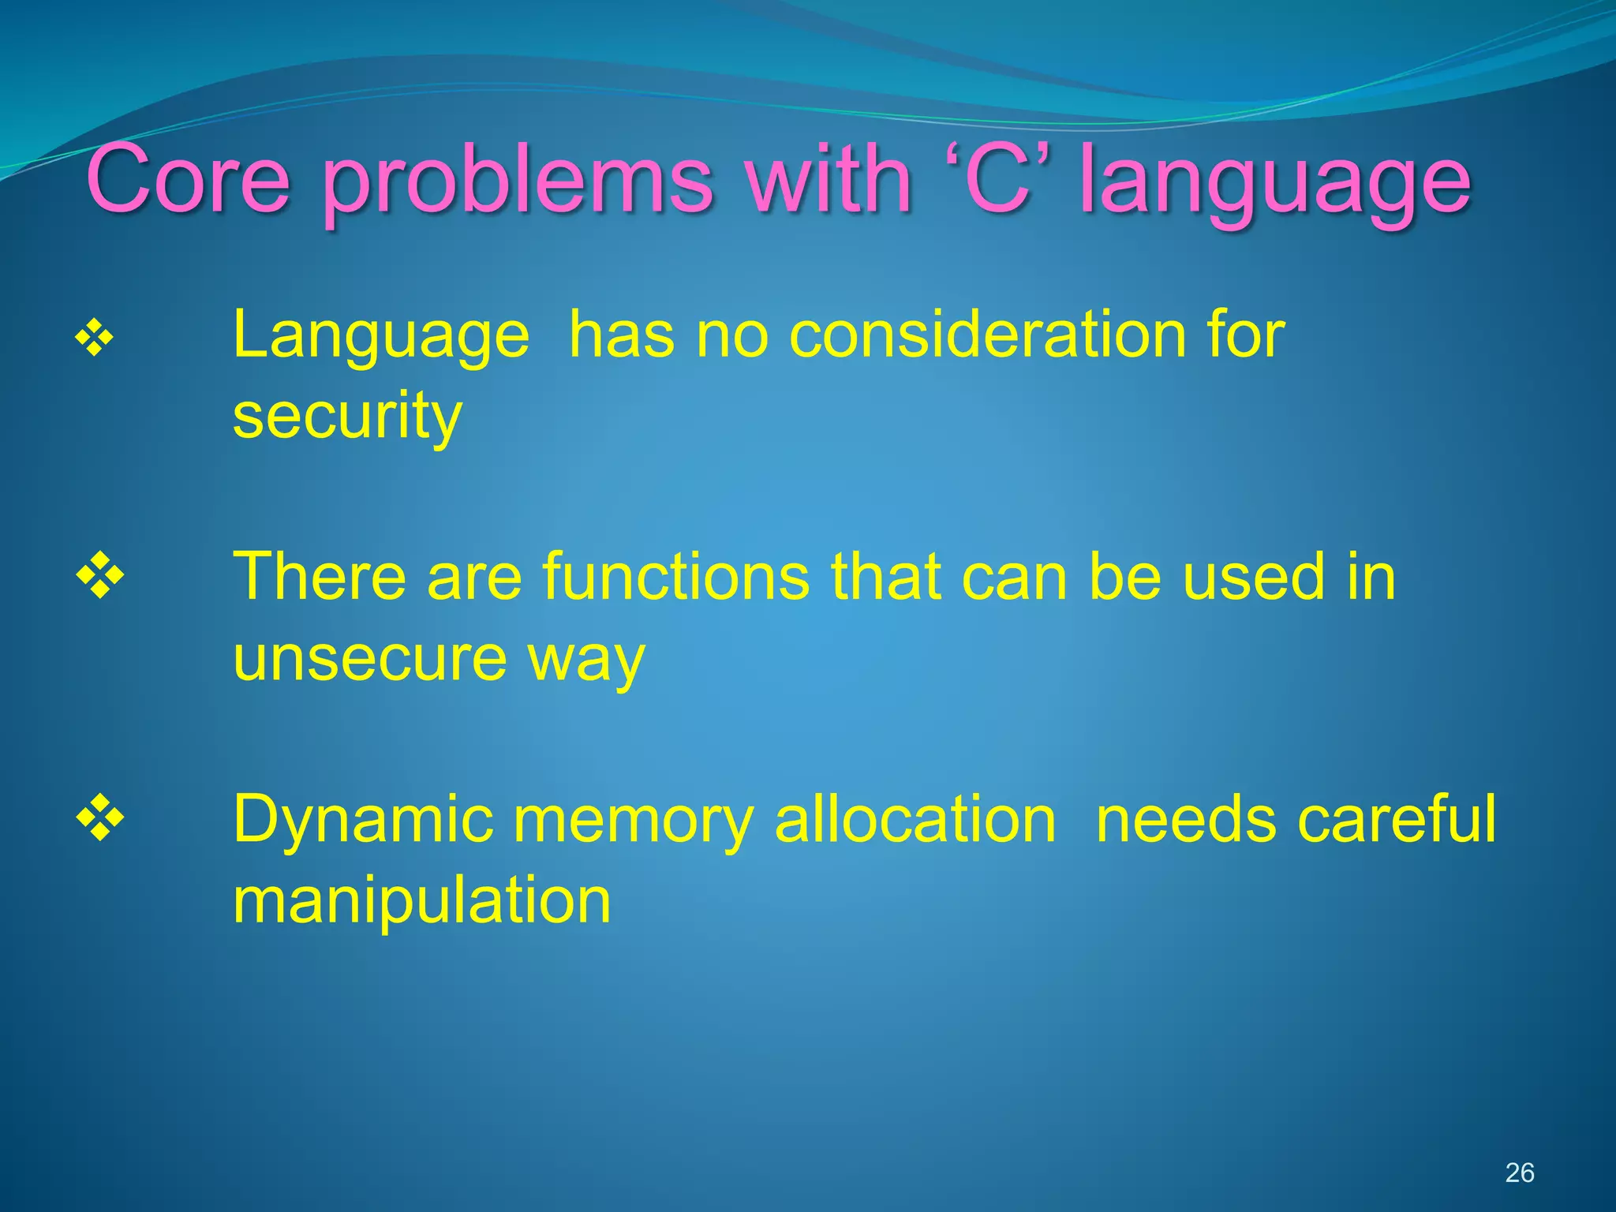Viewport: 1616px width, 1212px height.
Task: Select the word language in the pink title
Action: tap(1275, 186)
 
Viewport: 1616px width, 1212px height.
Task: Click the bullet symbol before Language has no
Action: tap(95, 339)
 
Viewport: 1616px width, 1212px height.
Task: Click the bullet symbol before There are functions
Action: tap(100, 576)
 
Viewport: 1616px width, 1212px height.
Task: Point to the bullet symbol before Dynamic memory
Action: tap(100, 818)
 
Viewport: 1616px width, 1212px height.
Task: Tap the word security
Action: tap(346, 416)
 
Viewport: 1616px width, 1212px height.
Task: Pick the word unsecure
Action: tap(369, 658)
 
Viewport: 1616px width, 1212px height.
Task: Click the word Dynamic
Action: tap(363, 821)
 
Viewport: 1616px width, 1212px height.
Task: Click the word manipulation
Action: tap(421, 901)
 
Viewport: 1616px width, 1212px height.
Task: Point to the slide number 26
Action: tap(1519, 1173)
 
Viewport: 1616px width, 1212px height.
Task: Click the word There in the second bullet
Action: tap(319, 577)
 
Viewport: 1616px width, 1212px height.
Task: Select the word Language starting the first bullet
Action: tap(380, 336)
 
